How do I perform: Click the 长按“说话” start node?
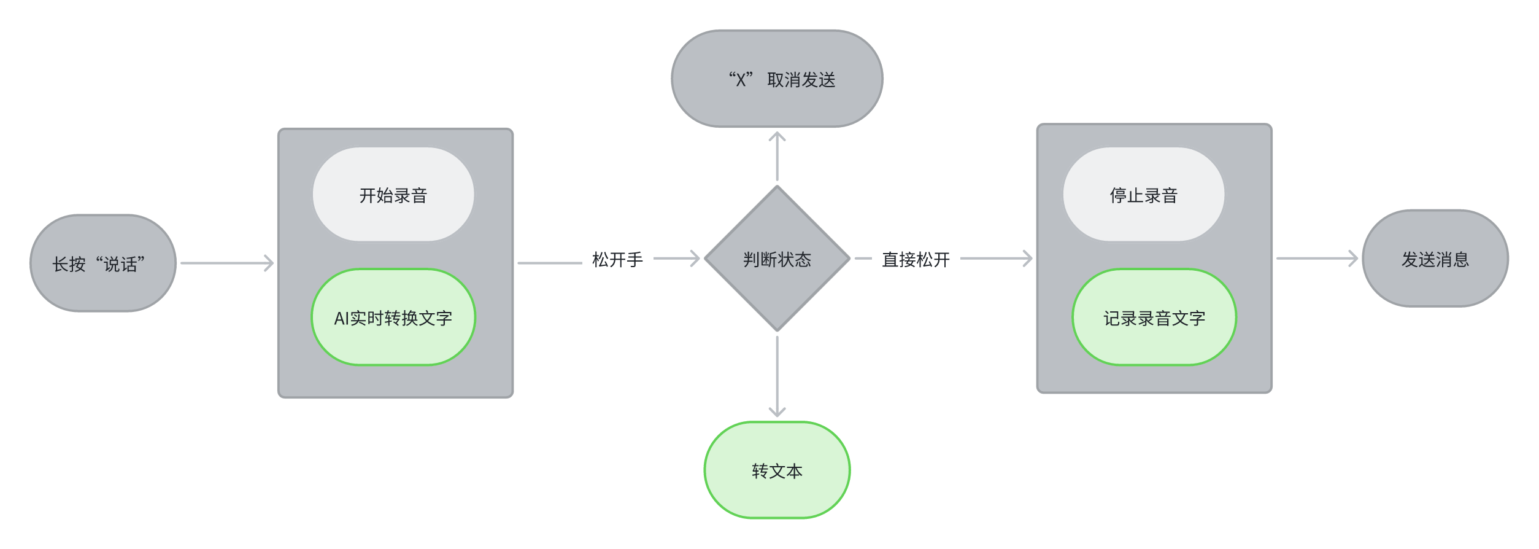click(103, 263)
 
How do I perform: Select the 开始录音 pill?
click(393, 195)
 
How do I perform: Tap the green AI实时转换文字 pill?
click(393, 317)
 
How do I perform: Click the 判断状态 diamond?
click(777, 259)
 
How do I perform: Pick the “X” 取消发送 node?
click(777, 79)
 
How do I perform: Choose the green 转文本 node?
click(777, 470)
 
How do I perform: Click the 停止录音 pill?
click(1143, 195)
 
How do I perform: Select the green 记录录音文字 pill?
click(1154, 317)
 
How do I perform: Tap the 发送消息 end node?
click(1435, 259)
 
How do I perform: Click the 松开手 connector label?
click(617, 260)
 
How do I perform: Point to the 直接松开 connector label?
click(916, 260)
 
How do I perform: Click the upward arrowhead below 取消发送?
click(777, 136)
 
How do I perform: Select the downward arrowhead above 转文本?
click(777, 412)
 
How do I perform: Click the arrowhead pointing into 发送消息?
click(1354, 259)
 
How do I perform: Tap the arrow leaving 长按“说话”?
click(227, 263)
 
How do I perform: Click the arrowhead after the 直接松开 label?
click(1028, 259)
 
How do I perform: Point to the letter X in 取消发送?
click(741, 80)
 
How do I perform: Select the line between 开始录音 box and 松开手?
click(550, 263)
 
